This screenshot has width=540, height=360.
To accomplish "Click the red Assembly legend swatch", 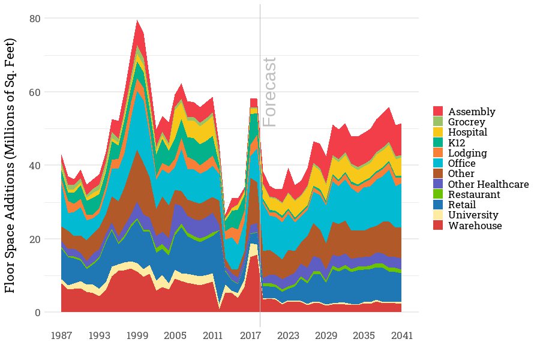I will click(x=438, y=112).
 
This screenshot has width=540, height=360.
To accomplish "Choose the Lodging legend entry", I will click(x=467, y=153).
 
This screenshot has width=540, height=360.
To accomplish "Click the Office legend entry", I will click(x=462, y=163).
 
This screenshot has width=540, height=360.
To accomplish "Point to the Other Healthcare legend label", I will click(x=488, y=184).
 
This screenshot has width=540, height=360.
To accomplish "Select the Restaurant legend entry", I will click(x=472, y=194).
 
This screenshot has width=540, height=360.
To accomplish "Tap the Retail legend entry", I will click(x=462, y=205).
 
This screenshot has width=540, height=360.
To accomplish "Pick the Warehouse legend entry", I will click(x=475, y=226).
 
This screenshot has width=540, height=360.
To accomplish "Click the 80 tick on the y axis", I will click(x=35, y=19).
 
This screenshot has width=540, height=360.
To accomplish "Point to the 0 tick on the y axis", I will click(x=37, y=313).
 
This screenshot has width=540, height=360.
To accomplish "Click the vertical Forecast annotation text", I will click(x=271, y=92).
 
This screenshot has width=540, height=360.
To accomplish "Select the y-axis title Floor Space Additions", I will click(x=11, y=165).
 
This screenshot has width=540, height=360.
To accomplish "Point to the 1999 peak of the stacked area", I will click(x=137, y=20).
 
